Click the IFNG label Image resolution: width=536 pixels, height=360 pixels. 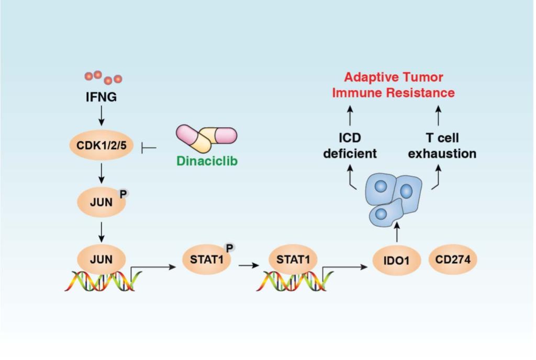pyautogui.click(x=101, y=97)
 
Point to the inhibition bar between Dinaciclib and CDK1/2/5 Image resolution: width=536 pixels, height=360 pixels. pyautogui.click(x=149, y=148)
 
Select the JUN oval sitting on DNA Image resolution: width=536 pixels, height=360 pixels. pyautogui.click(x=101, y=258)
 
